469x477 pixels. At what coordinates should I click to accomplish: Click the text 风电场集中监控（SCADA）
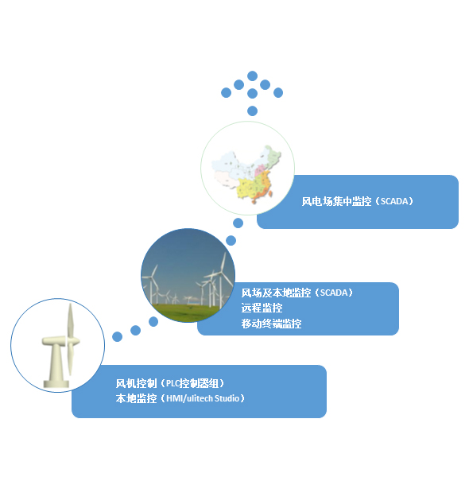click(358, 201)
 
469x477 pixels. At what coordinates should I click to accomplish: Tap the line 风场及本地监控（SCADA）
click(297, 293)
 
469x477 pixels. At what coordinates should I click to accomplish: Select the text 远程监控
click(262, 308)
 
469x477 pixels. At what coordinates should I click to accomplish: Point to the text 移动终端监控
click(271, 324)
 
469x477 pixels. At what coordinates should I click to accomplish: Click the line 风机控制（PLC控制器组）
click(170, 383)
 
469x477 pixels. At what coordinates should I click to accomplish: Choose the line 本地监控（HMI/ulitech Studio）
click(180, 398)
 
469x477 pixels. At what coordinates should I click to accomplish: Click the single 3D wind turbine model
click(61, 346)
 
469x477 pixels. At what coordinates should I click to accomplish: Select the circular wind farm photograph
click(188, 275)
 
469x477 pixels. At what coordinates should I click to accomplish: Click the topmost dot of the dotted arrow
click(253, 76)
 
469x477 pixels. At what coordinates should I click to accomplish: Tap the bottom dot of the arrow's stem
click(253, 111)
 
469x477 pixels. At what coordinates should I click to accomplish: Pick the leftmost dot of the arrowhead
click(226, 92)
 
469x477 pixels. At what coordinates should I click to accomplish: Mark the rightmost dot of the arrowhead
click(278, 92)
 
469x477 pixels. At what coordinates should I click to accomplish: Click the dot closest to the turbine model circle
click(118, 337)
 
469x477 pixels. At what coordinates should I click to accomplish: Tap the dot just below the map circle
click(238, 223)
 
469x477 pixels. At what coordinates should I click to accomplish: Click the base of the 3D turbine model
click(56, 384)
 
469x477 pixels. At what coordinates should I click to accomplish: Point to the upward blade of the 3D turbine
click(70, 320)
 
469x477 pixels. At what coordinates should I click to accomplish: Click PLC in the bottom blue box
click(172, 383)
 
